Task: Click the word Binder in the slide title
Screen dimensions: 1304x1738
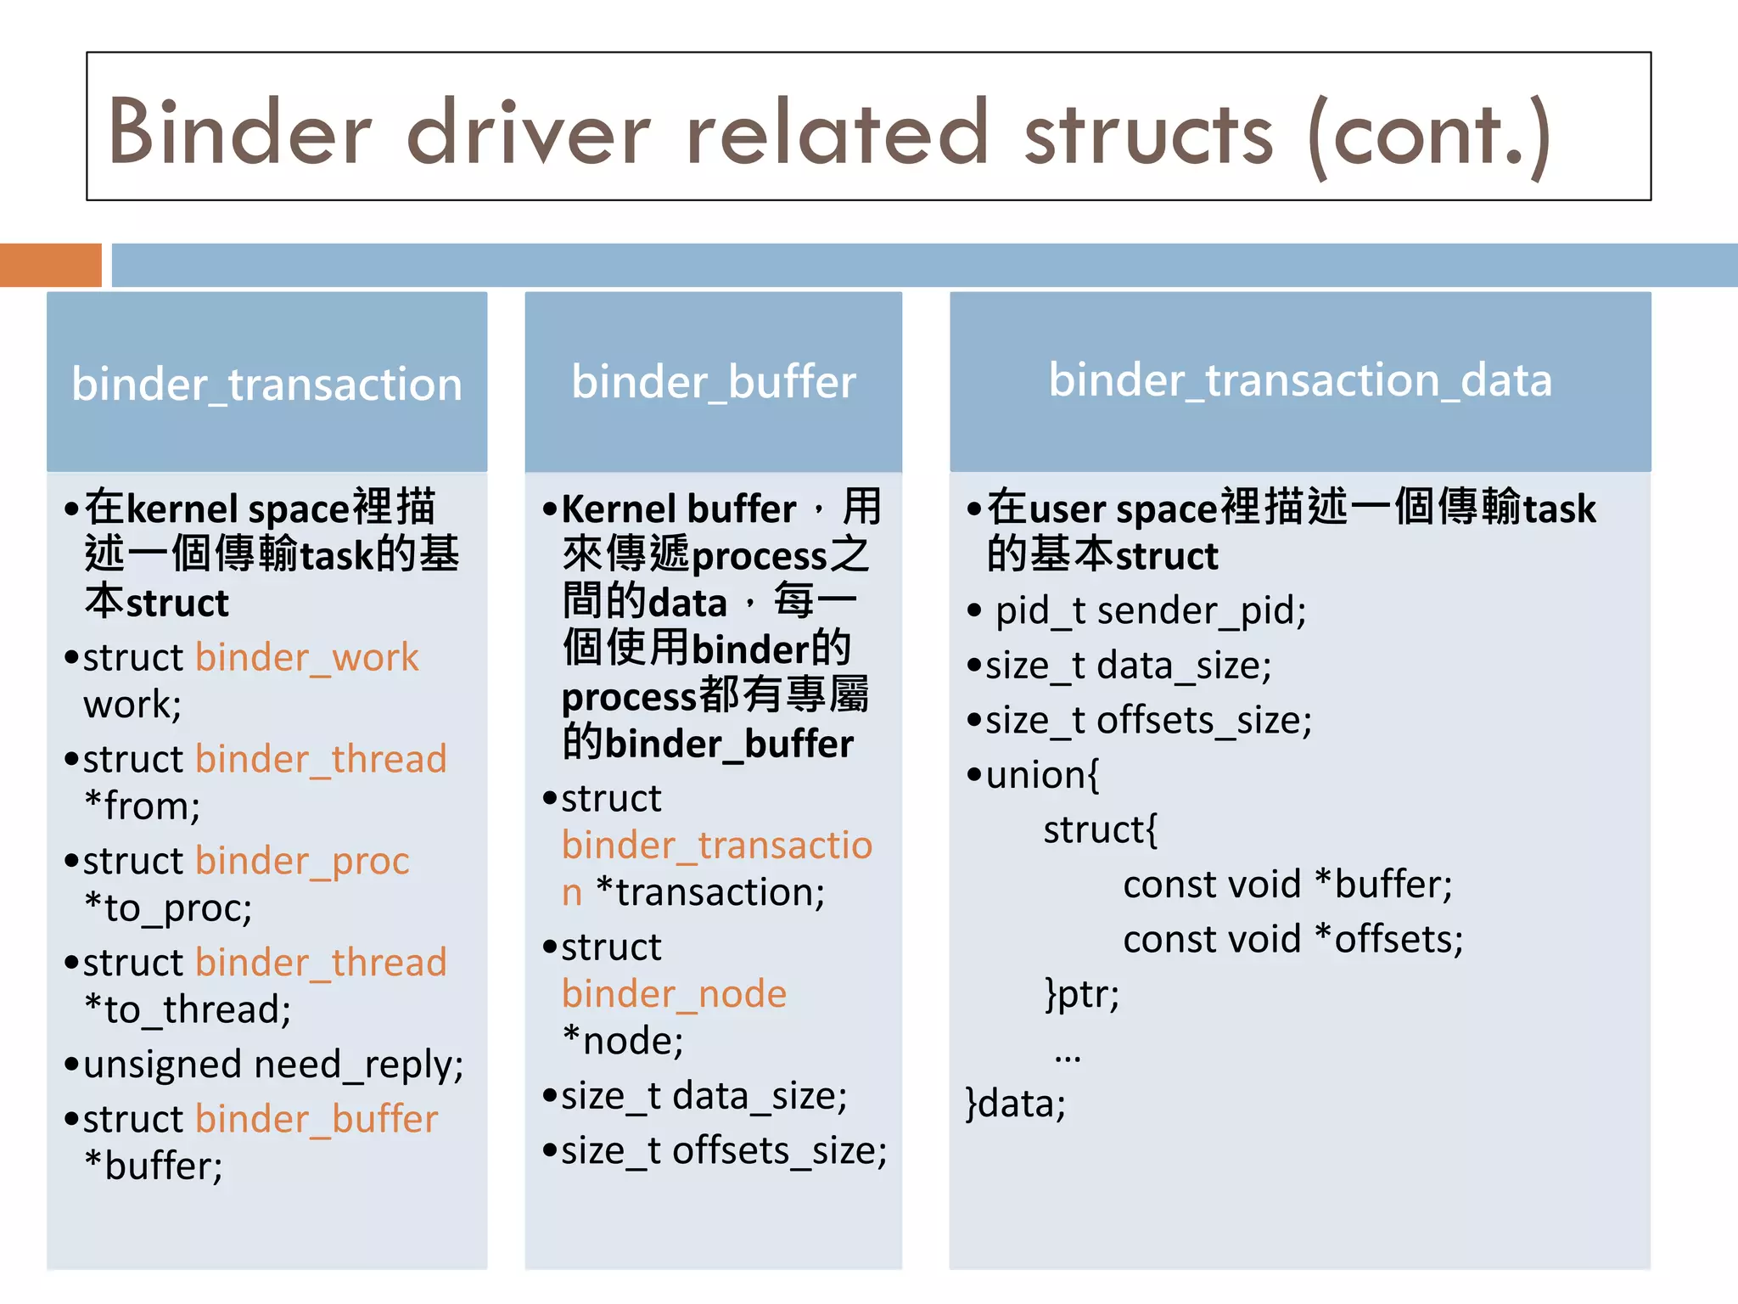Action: [x=240, y=133]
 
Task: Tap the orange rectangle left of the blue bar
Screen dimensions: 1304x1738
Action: [x=50, y=265]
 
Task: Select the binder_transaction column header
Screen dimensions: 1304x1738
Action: [x=266, y=385]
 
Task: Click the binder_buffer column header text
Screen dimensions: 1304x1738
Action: [x=713, y=382]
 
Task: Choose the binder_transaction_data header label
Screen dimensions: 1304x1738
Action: [x=1300, y=379]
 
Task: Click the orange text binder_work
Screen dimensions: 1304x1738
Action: [x=307, y=658]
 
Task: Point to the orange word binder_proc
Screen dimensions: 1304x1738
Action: [x=302, y=861]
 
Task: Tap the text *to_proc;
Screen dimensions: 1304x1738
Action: [x=168, y=908]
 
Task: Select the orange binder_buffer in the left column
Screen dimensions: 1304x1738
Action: [x=317, y=1119]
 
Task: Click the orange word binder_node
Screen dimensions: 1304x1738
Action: [x=674, y=994]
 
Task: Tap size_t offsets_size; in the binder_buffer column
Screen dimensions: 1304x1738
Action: [x=724, y=1151]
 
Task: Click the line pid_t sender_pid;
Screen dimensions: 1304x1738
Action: [x=1150, y=611]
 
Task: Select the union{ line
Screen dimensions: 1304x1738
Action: [x=1042, y=775]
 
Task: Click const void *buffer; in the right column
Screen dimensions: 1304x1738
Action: [x=1287, y=885]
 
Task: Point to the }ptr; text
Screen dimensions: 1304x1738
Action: [x=1082, y=994]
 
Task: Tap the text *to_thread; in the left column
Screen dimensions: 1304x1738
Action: [x=188, y=1010]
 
